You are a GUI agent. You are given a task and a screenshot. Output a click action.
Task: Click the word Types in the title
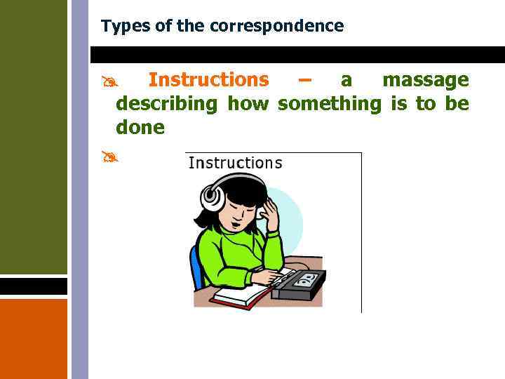point(120,27)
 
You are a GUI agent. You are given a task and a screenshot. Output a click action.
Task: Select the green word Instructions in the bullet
point(208,80)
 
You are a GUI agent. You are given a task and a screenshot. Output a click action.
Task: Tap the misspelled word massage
point(425,80)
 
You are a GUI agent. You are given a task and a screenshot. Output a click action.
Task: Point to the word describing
point(167,104)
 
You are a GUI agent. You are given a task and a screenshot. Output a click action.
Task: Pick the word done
point(140,128)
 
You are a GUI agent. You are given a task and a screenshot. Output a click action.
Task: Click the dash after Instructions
point(304,80)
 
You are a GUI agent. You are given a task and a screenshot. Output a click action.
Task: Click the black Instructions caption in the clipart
point(235,163)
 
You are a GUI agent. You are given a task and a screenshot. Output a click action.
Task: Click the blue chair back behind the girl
point(196,267)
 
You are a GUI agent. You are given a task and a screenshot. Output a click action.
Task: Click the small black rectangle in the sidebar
point(34,286)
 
